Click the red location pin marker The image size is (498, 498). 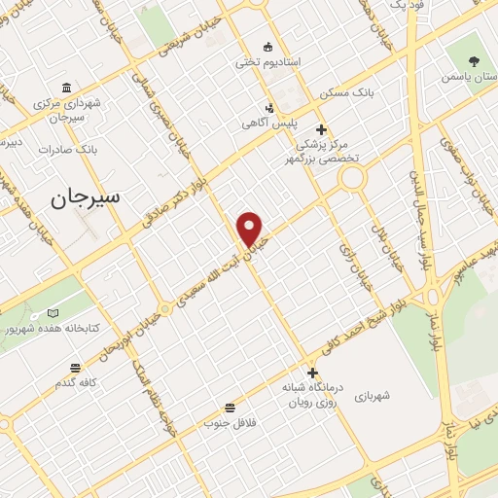[251, 230]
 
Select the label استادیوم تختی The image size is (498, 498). [268, 61]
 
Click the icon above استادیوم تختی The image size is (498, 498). [268, 46]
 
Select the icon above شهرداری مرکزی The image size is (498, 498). [66, 87]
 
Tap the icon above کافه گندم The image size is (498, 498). [75, 368]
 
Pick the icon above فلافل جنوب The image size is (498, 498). [230, 408]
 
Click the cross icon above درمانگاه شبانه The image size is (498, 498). [312, 372]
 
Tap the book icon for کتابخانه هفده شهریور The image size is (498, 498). [53, 313]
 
